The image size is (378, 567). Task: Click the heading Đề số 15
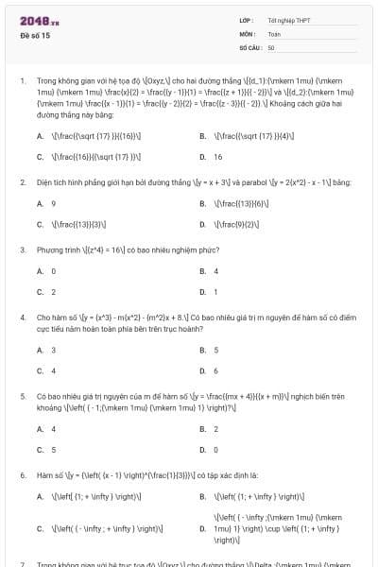pyautogui.click(x=35, y=34)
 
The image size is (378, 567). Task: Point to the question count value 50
pyautogui.click(x=271, y=46)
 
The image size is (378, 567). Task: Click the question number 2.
pyautogui.click(x=23, y=180)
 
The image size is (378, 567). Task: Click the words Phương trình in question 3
pyautogui.click(x=54, y=249)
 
